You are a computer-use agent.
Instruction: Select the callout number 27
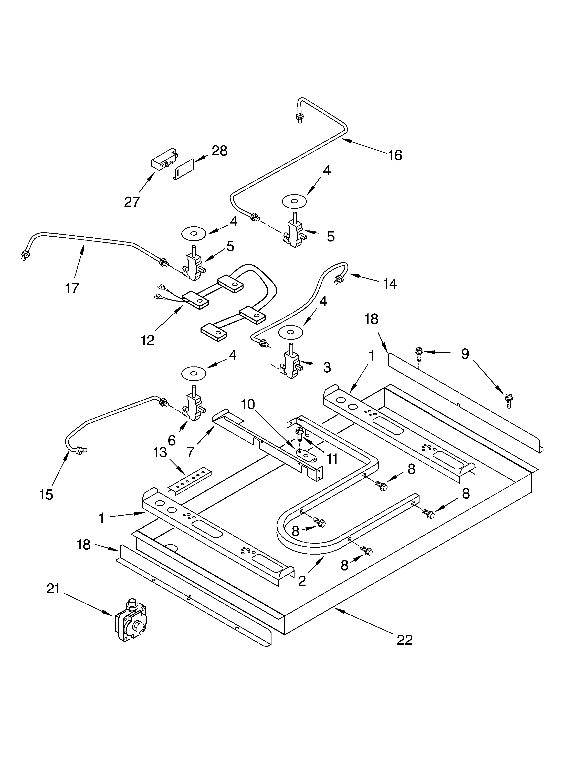click(x=132, y=202)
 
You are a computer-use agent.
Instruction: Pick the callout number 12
click(x=148, y=341)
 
